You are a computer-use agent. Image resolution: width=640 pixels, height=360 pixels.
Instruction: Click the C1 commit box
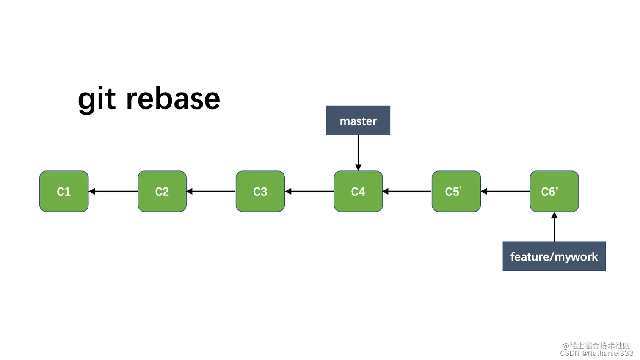[x=64, y=191]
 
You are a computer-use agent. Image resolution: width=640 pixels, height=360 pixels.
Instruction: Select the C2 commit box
[x=162, y=191]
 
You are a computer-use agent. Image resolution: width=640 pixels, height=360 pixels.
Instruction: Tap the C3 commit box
[x=260, y=191]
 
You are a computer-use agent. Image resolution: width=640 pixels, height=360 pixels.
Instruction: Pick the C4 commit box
[x=358, y=191]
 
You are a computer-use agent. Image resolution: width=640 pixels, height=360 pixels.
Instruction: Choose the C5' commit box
[x=456, y=191]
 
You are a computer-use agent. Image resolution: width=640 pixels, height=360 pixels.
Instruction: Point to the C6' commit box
[x=554, y=191]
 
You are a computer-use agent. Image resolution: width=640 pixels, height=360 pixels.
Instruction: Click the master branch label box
[x=358, y=121]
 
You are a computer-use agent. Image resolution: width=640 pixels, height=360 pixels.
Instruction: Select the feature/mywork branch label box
[x=554, y=256]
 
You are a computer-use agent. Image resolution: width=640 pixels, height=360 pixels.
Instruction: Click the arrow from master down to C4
[x=358, y=152]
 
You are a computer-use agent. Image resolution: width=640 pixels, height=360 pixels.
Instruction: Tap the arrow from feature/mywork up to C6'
[x=554, y=227]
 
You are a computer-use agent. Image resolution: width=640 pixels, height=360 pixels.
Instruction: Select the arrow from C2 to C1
[x=113, y=191]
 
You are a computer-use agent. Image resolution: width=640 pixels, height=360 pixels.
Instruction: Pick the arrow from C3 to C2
[x=211, y=191]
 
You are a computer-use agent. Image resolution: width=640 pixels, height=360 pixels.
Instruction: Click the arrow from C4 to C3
[x=309, y=191]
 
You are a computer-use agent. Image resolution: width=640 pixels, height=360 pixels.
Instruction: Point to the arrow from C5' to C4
[x=407, y=191]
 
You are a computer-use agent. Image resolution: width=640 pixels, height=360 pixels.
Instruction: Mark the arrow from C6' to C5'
[x=505, y=191]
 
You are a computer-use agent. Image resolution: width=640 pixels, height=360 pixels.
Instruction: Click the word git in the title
[x=97, y=99]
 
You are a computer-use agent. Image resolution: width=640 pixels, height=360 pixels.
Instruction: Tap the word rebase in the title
[x=173, y=99]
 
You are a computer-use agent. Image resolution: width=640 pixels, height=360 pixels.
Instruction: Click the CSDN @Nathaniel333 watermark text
[x=596, y=353]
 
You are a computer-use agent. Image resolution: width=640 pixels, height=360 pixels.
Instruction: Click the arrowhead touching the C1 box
[x=92, y=191]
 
